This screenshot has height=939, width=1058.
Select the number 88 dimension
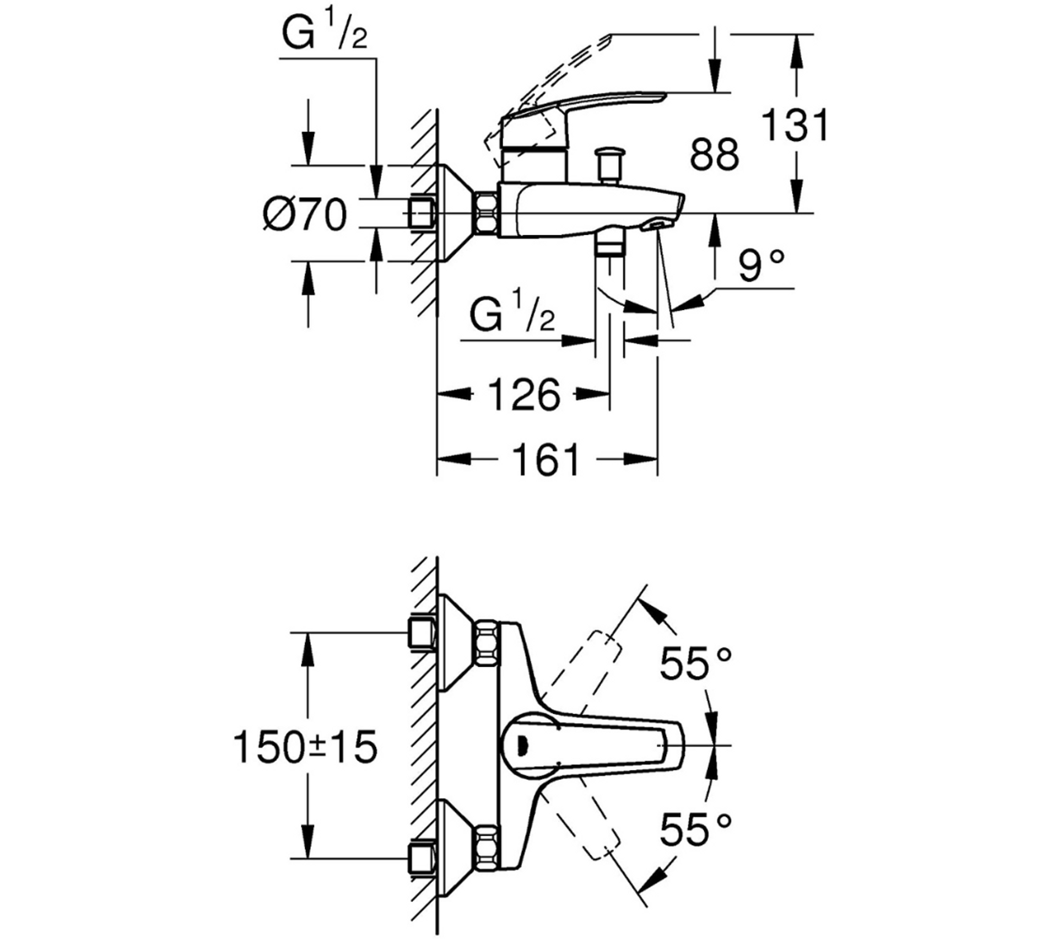click(714, 154)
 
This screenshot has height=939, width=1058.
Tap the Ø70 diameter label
click(305, 215)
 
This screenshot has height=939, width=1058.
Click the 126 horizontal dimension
click(524, 395)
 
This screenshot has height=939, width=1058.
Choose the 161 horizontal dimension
click(546, 459)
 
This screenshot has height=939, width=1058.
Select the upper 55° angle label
click(696, 664)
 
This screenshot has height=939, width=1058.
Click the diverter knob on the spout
click(609, 163)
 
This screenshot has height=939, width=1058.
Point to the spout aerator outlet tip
click(657, 225)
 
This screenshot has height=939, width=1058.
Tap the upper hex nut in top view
click(487, 642)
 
